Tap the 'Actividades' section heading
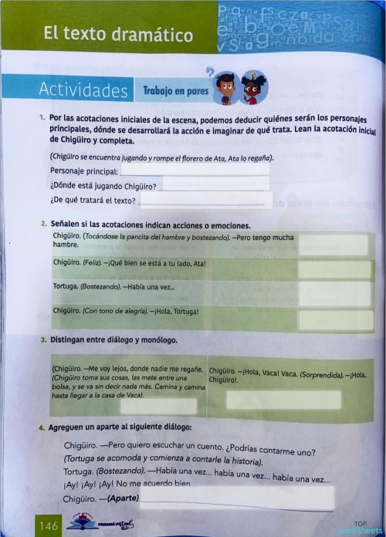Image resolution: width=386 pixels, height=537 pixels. (x=83, y=90)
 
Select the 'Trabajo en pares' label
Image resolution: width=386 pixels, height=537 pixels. (x=175, y=91)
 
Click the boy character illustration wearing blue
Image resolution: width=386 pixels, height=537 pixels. (x=225, y=87)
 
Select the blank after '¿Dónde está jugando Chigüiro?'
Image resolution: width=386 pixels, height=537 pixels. (x=215, y=185)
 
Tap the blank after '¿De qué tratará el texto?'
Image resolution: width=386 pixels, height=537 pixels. (x=205, y=201)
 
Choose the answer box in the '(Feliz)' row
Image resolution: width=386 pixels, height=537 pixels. (x=335, y=268)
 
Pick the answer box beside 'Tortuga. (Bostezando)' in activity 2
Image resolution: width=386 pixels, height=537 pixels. (x=335, y=294)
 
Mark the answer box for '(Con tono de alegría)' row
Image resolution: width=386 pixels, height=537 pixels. (x=335, y=319)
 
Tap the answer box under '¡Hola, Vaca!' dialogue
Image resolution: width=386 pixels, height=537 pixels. (x=284, y=400)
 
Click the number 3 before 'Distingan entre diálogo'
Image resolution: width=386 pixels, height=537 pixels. (x=43, y=339)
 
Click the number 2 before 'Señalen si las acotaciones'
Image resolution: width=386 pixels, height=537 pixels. (x=43, y=223)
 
